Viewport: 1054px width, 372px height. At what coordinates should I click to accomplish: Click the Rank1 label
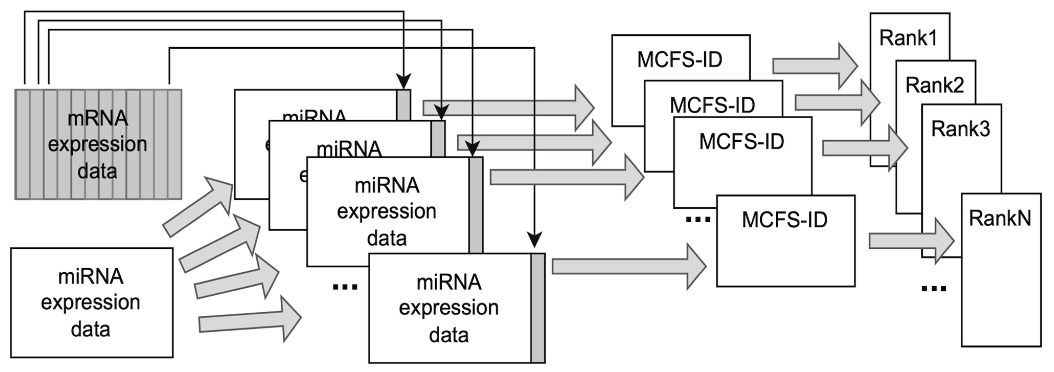(x=908, y=38)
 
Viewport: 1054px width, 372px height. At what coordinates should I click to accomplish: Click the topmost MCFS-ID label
(x=680, y=60)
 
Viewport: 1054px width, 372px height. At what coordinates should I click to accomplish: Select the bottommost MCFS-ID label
(x=784, y=220)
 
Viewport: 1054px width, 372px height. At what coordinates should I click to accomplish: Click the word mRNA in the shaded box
(x=98, y=119)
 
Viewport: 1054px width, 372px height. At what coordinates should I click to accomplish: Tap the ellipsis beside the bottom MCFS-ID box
(x=698, y=220)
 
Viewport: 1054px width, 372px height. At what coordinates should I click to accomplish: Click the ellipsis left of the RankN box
(x=934, y=288)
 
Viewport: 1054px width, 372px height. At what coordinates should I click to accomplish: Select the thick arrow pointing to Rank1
(x=814, y=66)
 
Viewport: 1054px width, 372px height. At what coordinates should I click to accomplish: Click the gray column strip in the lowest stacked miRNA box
(x=538, y=308)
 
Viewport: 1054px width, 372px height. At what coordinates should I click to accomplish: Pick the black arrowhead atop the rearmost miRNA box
(x=404, y=81)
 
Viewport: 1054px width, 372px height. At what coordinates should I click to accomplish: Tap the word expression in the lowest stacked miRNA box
(x=449, y=308)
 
